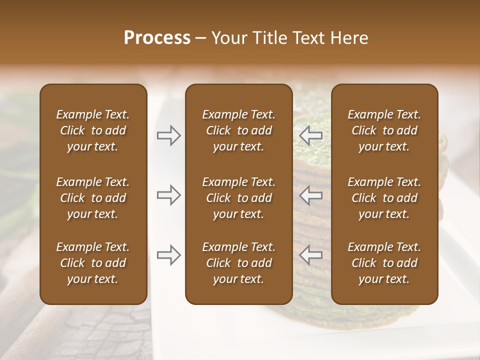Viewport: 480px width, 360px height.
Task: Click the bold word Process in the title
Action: tap(157, 38)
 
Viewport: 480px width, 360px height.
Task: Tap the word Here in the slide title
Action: tap(349, 38)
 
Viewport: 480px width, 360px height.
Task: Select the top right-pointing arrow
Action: tap(169, 135)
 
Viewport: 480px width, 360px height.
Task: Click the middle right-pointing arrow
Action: tap(169, 195)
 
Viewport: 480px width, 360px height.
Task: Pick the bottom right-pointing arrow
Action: tap(169, 255)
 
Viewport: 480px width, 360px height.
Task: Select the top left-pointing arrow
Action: tap(310, 135)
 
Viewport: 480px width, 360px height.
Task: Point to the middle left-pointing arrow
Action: tap(310, 195)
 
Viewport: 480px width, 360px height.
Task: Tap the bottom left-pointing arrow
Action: tap(310, 255)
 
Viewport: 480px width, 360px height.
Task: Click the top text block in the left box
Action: tap(93, 130)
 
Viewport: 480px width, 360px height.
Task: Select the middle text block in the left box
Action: tap(93, 198)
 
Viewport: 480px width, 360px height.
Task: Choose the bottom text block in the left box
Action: tap(93, 263)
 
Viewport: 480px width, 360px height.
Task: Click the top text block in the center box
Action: tap(239, 130)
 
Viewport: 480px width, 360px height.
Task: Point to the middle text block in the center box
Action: tap(239, 198)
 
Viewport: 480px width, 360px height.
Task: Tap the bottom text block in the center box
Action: tap(239, 263)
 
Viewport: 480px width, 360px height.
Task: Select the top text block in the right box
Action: tap(384, 130)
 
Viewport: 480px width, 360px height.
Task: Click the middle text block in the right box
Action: tap(384, 198)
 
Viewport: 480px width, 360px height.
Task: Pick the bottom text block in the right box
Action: tap(384, 263)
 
